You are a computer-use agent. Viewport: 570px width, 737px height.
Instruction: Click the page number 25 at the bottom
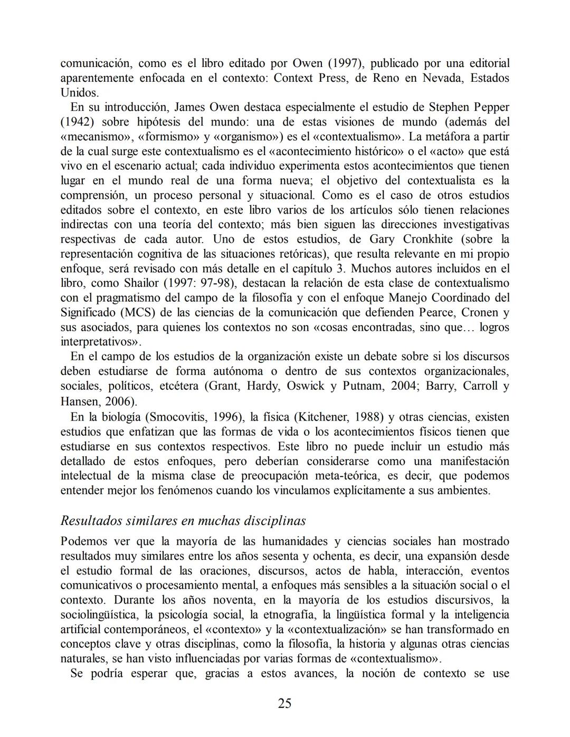[x=284, y=703]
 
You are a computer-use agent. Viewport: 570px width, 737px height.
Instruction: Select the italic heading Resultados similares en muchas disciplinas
[x=183, y=521]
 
